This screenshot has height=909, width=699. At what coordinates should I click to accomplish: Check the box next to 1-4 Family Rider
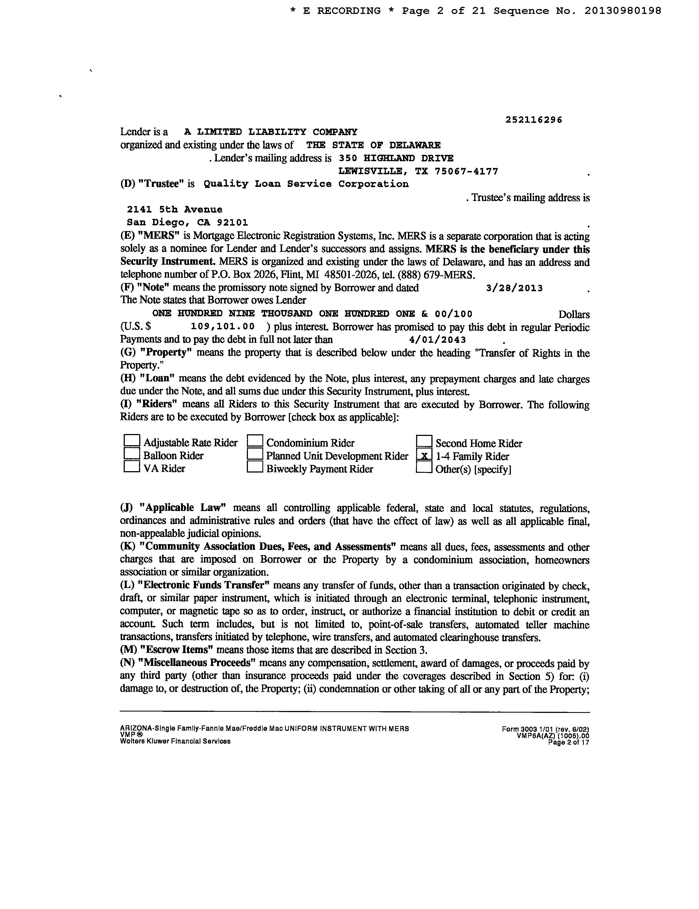point(424,456)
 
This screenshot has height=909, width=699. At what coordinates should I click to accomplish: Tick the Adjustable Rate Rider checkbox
point(132,440)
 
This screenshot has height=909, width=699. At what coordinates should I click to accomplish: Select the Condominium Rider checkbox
point(255,440)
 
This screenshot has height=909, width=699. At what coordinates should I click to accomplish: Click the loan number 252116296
point(534,120)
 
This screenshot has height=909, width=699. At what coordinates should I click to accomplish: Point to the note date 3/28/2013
point(514,288)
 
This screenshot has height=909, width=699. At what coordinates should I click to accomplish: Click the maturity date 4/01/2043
point(438,340)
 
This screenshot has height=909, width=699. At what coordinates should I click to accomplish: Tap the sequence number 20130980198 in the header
point(623,11)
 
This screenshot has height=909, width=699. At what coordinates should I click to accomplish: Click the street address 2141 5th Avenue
point(175,209)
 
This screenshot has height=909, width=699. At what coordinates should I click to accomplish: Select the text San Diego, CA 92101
point(188,223)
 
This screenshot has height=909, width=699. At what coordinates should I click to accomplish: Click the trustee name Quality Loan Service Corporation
point(306,184)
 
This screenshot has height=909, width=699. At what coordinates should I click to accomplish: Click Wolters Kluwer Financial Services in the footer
point(175,741)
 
